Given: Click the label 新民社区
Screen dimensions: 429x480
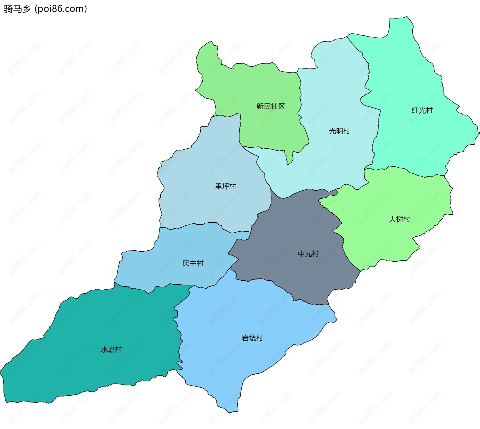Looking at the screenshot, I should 270,106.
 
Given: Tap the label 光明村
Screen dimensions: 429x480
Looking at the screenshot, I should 339,131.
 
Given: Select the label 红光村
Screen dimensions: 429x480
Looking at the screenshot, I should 422,110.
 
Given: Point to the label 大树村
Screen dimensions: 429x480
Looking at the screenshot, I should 399,219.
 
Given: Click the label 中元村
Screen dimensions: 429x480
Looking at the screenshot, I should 308,254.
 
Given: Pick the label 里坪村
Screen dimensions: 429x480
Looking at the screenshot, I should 225,186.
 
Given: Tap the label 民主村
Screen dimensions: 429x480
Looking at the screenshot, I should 193,263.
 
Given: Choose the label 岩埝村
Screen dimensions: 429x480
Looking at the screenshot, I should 252,338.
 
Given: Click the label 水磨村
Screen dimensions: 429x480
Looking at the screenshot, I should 111,349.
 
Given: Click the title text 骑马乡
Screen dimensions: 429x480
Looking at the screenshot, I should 17,9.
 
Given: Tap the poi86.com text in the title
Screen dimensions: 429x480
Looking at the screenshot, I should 61,9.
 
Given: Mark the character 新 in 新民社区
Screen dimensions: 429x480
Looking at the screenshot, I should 260,106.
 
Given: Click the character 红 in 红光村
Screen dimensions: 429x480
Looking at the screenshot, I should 415,110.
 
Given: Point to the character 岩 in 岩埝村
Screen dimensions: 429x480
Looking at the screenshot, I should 245,338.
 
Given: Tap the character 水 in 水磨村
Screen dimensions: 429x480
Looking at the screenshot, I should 104,349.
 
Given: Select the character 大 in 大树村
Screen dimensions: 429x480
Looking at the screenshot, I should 392,219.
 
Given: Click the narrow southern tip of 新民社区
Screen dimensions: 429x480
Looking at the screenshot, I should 289,160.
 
